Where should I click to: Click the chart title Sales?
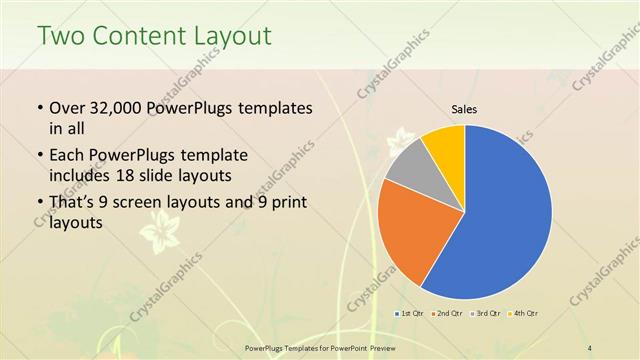tap(464, 109)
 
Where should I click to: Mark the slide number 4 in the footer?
tap(590, 346)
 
